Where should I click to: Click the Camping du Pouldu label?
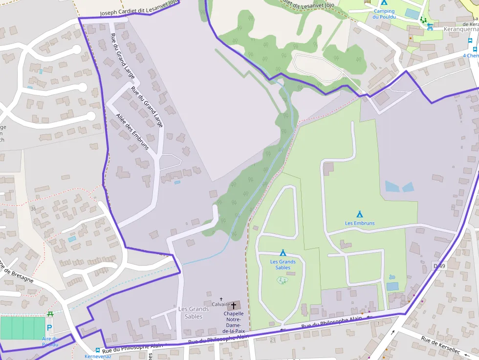coord(384,14)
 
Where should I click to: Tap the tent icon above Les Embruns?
coord(360,214)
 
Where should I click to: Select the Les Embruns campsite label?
coord(360,223)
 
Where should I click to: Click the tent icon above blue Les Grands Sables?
coord(283,253)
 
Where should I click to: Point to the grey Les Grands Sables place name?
coord(194,312)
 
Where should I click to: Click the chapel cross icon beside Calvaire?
coord(234,305)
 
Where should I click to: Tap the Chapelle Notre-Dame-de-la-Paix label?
coord(234,322)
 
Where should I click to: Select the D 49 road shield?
coord(439,266)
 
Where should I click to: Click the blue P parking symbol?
coord(49,328)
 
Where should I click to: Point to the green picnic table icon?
coord(50,314)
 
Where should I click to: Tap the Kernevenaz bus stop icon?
coord(98,350)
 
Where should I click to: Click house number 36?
coord(33,209)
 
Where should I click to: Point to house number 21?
coord(272,339)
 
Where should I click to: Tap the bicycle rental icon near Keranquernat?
coord(430,27)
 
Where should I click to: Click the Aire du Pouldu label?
coord(50,341)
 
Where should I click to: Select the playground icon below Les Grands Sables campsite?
coord(282,280)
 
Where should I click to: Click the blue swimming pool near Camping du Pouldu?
coord(412,14)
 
